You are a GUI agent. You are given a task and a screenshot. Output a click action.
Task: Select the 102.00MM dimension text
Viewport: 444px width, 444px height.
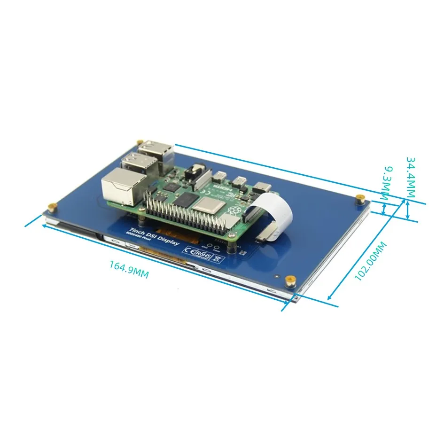(x=371, y=261)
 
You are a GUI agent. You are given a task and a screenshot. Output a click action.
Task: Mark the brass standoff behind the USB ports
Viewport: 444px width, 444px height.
(x=139, y=142)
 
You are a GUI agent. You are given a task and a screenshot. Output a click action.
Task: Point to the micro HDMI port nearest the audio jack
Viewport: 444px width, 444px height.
(x=219, y=178)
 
